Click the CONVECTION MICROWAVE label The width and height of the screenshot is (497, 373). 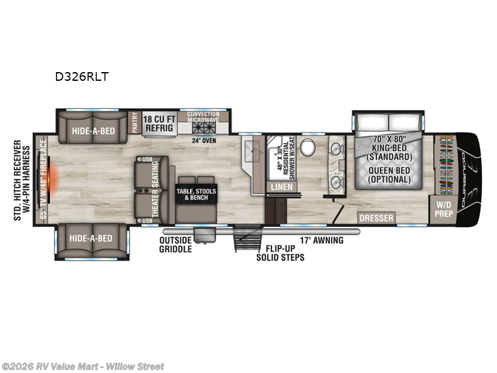coord(203,118)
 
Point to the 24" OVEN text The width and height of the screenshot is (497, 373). coord(203,139)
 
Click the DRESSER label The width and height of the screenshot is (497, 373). coord(376,218)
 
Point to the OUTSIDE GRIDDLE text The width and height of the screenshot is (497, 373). coord(175,245)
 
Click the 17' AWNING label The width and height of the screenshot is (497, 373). coord(321,241)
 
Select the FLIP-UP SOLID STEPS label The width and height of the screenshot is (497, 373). coord(281,252)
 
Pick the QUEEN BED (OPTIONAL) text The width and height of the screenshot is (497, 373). coord(390,175)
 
